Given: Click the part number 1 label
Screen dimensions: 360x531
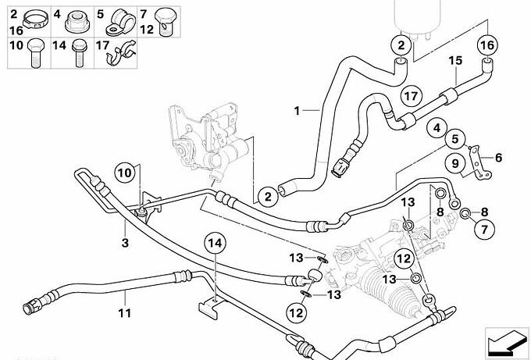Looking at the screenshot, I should click(x=298, y=110).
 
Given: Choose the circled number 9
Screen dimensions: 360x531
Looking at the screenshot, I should click(x=452, y=163).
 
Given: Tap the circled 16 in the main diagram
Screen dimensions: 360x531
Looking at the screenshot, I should click(x=486, y=45).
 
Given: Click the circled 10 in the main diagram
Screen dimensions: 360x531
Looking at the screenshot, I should click(x=125, y=172).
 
